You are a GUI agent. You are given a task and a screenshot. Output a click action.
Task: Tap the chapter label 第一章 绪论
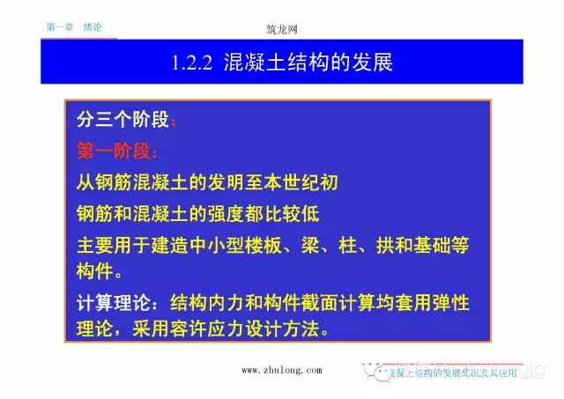point(74,27)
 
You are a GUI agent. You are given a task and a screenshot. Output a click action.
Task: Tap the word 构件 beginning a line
point(94,268)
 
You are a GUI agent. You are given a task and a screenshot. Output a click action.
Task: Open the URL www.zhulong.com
point(281,371)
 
